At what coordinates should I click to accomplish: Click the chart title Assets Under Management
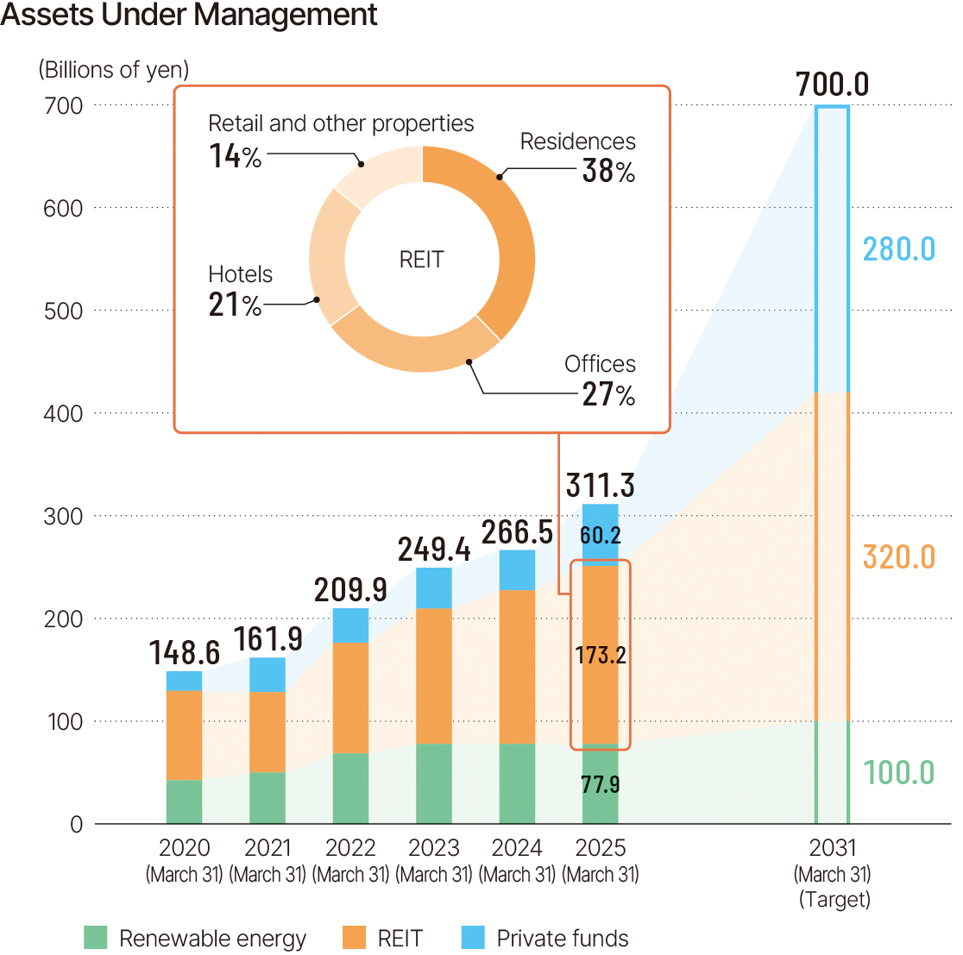(x=189, y=16)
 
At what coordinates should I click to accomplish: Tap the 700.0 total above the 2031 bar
(x=832, y=85)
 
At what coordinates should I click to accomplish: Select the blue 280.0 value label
(x=898, y=249)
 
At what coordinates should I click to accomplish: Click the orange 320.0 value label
(x=898, y=557)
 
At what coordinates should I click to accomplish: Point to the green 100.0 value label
(x=898, y=772)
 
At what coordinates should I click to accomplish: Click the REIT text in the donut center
(x=421, y=260)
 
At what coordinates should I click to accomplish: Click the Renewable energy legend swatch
(x=96, y=938)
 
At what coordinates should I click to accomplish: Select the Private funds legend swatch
(x=473, y=938)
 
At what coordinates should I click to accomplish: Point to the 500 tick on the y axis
(x=64, y=311)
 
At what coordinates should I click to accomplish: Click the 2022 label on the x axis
(x=350, y=847)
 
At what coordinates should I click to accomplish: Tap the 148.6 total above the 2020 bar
(x=184, y=653)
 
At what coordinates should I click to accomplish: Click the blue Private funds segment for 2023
(x=434, y=587)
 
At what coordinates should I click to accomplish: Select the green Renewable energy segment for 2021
(x=267, y=798)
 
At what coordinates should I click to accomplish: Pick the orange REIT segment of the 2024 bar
(x=517, y=666)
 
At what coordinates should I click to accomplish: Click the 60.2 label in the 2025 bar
(x=600, y=536)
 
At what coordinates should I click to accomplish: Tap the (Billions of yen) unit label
(x=113, y=70)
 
